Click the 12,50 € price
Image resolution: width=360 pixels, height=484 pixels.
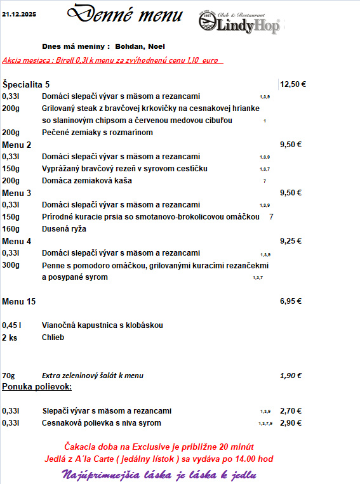point(293,84)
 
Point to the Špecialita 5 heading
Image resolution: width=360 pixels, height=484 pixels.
point(26,84)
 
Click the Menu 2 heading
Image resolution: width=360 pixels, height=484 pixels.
point(17,145)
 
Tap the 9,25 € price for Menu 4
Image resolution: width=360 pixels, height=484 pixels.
point(290,241)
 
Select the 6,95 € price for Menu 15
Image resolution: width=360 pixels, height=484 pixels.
point(290,301)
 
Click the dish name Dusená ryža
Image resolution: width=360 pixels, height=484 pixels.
point(63,229)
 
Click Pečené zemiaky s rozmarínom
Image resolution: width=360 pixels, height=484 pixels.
point(97,133)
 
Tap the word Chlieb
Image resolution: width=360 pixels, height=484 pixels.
point(53,337)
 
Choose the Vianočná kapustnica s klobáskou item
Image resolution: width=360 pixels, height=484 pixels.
point(102,325)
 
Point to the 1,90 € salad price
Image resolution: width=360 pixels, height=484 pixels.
point(290,376)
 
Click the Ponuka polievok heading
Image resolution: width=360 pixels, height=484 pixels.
point(37,386)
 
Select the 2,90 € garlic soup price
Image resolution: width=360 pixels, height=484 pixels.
point(291,422)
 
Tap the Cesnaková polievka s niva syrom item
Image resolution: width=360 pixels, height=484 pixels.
point(102,422)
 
